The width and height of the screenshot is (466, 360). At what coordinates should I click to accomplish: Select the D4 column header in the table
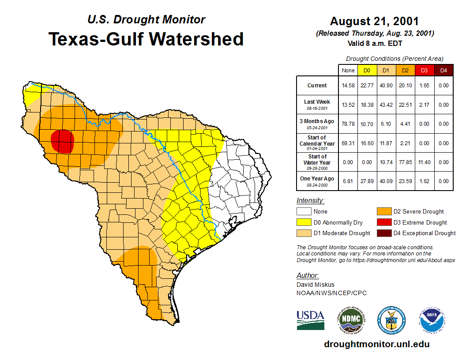[443, 70]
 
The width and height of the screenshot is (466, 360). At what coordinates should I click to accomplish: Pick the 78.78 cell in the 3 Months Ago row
[348, 124]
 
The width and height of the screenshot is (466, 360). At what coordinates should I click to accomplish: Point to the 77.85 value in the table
[405, 162]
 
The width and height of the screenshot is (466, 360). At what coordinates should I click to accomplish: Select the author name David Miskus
[315, 285]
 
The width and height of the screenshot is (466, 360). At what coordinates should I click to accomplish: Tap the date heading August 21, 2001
[374, 21]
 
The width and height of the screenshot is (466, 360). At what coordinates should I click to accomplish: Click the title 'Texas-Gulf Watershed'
[146, 39]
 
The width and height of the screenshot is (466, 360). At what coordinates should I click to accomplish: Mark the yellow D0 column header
[367, 70]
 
